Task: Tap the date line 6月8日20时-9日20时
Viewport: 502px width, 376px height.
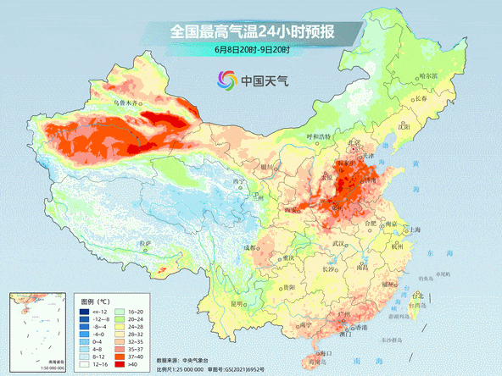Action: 253,50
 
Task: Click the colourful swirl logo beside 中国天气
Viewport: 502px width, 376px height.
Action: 226,81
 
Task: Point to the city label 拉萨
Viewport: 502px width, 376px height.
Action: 144,244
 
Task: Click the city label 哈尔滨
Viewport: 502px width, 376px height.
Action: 431,76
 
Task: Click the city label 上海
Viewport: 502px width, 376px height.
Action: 415,229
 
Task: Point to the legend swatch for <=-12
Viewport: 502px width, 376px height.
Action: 84,312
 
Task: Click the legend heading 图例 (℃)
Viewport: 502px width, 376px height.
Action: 96,301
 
